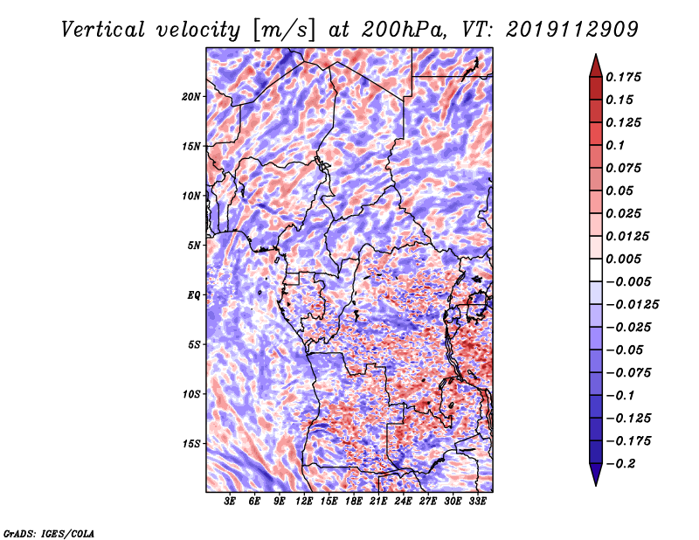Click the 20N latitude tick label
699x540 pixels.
(x=191, y=96)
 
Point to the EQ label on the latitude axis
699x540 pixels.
(x=194, y=295)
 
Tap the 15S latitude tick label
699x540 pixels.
(x=191, y=444)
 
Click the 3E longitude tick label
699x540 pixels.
(x=230, y=502)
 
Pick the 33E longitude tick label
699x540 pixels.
(x=477, y=502)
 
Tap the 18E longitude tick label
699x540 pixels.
(x=354, y=502)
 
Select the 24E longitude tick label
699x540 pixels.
(x=403, y=502)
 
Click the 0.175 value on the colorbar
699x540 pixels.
(x=626, y=77)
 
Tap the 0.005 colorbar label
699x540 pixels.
(x=626, y=260)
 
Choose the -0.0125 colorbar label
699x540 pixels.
(x=635, y=305)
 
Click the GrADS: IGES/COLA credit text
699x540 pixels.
(x=48, y=532)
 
